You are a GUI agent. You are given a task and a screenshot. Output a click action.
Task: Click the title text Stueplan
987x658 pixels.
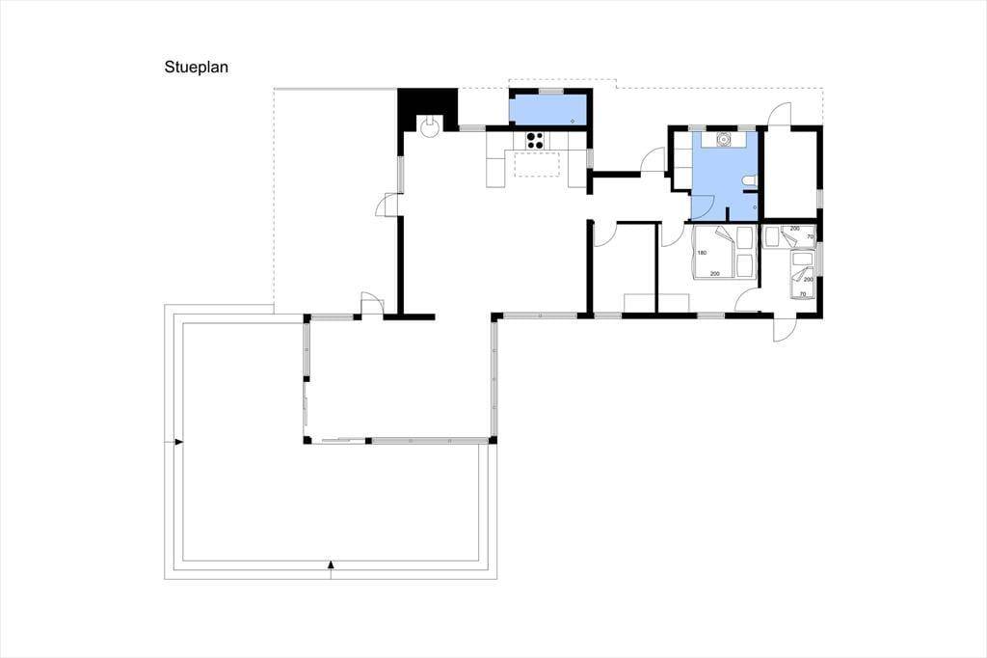pyautogui.click(x=196, y=67)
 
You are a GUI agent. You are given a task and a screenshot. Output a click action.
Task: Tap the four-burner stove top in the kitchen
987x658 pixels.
pyautogui.click(x=534, y=140)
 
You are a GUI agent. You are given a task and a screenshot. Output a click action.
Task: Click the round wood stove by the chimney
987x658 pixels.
pyautogui.click(x=430, y=128)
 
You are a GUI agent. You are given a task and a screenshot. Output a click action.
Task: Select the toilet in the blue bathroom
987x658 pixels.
pyautogui.click(x=749, y=182)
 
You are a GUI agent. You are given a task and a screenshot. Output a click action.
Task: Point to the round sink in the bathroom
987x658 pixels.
pyautogui.click(x=723, y=139)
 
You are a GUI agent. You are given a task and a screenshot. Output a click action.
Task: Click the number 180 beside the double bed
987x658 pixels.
pyautogui.click(x=702, y=253)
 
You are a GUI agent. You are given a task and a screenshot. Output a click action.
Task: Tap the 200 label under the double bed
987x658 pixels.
pyautogui.click(x=714, y=274)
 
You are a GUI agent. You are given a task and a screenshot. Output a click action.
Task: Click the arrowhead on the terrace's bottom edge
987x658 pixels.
pyautogui.click(x=331, y=564)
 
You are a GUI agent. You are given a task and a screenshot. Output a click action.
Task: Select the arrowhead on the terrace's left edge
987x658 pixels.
pyautogui.click(x=178, y=443)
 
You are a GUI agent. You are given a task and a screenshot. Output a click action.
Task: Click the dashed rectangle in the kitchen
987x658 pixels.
pyautogui.click(x=537, y=164)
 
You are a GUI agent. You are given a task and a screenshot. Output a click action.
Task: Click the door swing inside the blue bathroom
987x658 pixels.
pyautogui.click(x=704, y=205)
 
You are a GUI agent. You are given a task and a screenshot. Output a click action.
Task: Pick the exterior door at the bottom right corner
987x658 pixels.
pyautogui.click(x=786, y=328)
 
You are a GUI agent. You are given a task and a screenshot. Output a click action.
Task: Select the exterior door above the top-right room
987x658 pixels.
pyautogui.click(x=780, y=114)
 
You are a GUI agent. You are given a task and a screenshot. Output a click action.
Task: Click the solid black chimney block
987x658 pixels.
pyautogui.click(x=427, y=108)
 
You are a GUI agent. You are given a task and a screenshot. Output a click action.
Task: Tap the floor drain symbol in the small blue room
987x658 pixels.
pyautogui.click(x=573, y=120)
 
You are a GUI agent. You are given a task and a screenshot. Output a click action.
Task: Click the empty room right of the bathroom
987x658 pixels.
pyautogui.click(x=789, y=172)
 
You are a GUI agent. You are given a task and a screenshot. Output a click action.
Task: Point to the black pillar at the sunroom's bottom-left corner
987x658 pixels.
pyautogui.click(x=307, y=439)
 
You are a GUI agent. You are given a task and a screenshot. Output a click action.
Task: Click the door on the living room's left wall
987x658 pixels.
pyautogui.click(x=387, y=205)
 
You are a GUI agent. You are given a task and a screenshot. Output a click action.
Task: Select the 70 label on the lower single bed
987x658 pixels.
pyautogui.click(x=803, y=293)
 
